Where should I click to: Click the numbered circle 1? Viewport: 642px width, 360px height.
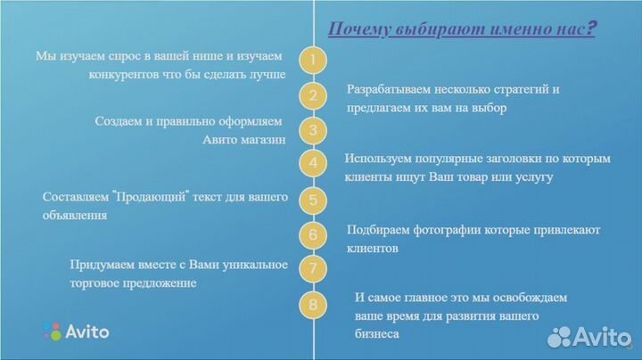[313, 61]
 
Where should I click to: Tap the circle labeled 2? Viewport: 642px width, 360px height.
[313, 95]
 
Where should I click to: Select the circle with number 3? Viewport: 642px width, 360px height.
[313, 130]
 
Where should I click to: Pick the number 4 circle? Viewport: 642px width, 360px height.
[313, 164]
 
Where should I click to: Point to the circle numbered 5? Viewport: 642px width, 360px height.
[313, 200]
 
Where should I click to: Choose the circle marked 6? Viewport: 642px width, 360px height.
[313, 235]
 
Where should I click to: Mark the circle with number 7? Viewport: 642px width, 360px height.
[313, 268]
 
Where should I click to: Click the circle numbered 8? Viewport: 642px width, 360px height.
[313, 305]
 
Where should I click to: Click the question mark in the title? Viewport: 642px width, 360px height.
[591, 29]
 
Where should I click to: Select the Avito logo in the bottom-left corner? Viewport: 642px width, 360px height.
[76, 331]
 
